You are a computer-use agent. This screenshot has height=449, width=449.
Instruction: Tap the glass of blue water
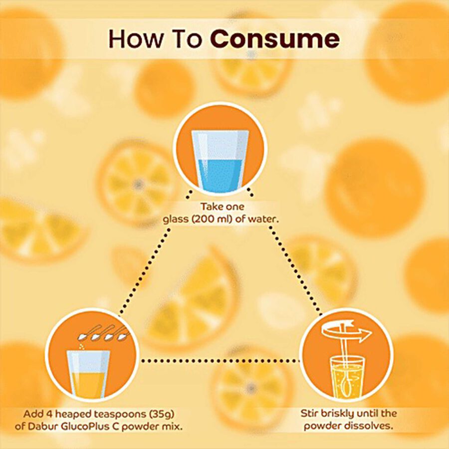(220, 162)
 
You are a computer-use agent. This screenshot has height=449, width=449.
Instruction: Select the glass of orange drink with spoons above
(88, 374)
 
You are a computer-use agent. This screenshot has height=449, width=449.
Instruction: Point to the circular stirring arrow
(347, 332)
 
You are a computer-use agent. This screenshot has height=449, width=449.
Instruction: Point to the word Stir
(309, 414)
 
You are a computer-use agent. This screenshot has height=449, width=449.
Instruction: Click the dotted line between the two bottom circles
(221, 361)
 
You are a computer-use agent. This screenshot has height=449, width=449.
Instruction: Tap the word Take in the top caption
(211, 207)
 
